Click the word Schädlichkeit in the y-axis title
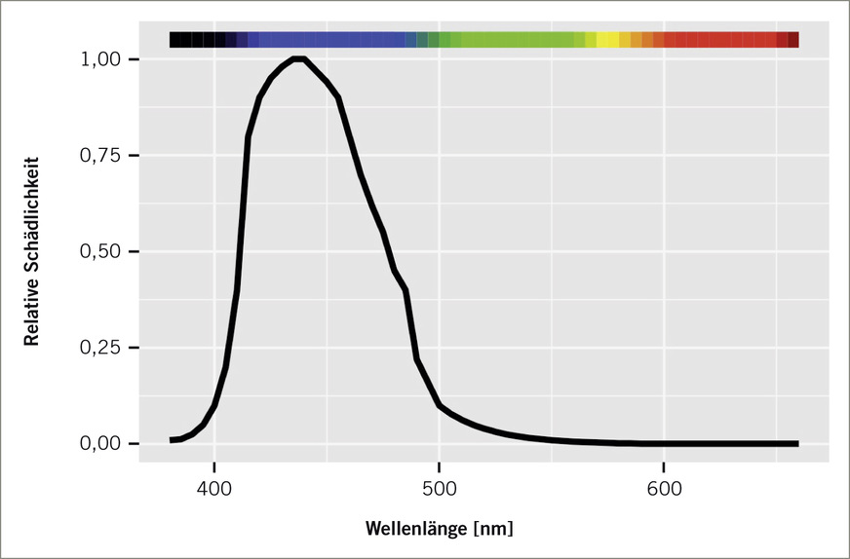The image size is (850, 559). click(32, 213)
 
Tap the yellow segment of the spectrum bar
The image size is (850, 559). click(607, 40)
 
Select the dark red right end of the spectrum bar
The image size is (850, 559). click(792, 40)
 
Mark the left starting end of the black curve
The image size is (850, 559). click(172, 440)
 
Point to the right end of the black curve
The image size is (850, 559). click(796, 443)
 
